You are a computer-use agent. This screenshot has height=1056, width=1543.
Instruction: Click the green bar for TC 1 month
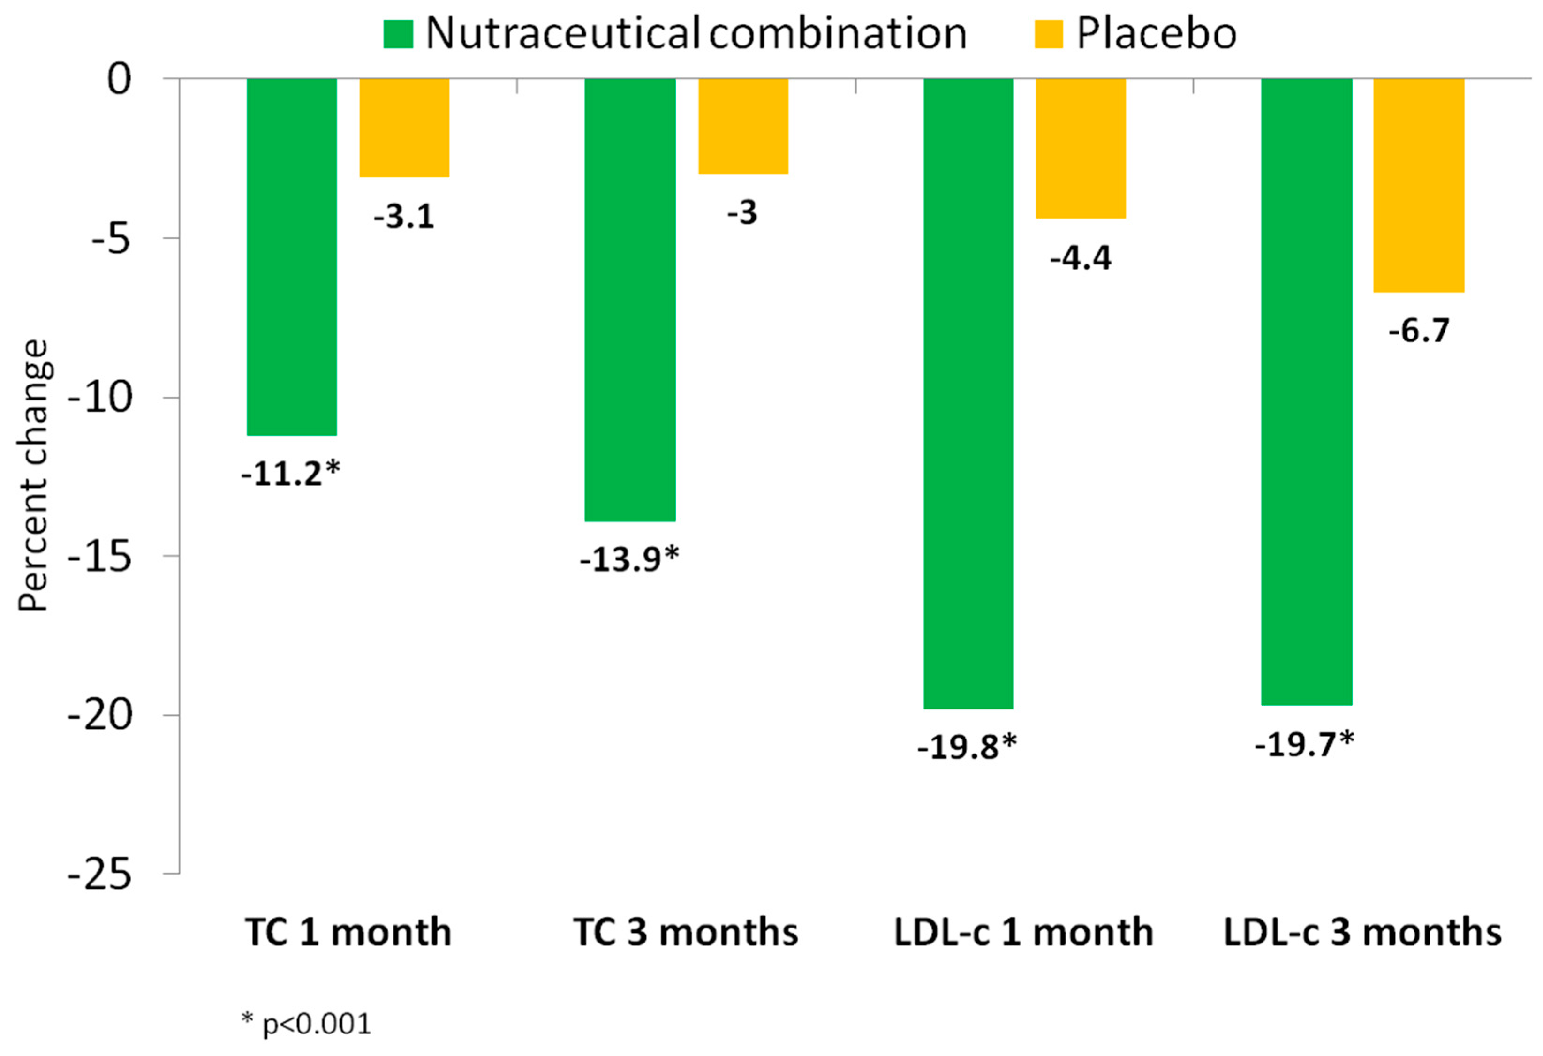click(x=291, y=257)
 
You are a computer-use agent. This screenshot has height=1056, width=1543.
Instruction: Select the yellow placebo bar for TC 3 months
click(x=742, y=126)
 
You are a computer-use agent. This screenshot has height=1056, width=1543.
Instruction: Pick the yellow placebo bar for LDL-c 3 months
click(x=1419, y=185)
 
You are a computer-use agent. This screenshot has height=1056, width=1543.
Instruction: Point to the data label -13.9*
click(x=629, y=559)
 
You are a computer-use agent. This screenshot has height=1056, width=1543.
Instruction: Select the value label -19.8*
click(x=966, y=748)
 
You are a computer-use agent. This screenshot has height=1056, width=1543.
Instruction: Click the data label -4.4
click(x=1080, y=259)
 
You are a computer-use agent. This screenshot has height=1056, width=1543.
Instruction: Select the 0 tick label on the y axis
click(x=120, y=80)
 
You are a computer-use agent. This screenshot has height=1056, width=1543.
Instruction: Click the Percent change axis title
click(x=33, y=475)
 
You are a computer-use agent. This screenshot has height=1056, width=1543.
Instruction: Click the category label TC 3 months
click(x=685, y=933)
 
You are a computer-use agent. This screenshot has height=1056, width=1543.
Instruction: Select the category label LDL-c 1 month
click(x=1023, y=933)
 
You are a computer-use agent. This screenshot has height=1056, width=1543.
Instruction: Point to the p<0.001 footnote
click(x=307, y=1024)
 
